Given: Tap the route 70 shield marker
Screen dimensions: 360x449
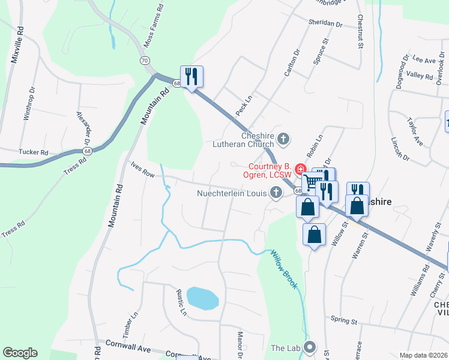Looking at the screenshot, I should pos(144,61).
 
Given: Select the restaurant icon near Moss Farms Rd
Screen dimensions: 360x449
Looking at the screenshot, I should pos(191,76).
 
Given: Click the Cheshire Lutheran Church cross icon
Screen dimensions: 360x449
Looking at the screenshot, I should pos(283,140).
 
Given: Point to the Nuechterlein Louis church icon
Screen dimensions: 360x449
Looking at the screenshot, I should pos(276,193).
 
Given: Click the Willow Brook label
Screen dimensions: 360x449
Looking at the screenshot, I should pos(283,269).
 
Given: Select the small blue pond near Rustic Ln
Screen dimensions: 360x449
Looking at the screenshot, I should pos(202,298).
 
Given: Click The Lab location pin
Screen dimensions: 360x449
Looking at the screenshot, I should pos(310,347).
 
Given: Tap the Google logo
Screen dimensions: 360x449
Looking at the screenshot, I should pos(20,353).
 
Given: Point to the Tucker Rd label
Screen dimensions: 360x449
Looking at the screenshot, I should pos(33,152).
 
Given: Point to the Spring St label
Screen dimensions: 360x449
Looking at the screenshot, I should pos(344,320).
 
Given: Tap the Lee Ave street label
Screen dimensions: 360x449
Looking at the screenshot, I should pos(424,60).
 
